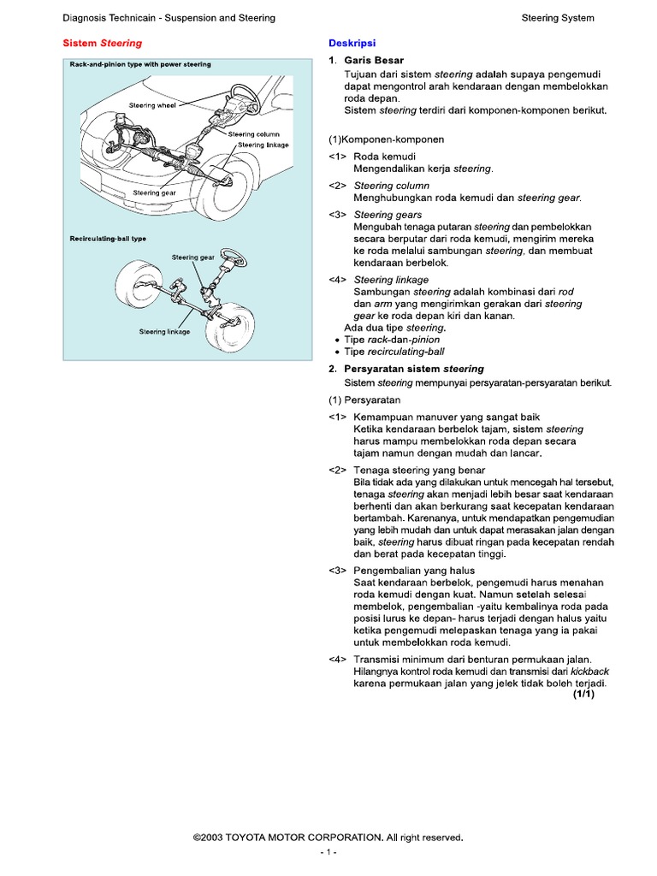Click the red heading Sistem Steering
click(x=104, y=43)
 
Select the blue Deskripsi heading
click(x=352, y=43)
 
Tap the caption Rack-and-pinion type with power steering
click(x=140, y=64)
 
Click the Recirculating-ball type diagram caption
click(x=108, y=239)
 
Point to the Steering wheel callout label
click(x=154, y=105)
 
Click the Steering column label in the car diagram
click(x=254, y=134)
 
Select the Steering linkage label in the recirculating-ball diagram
click(x=164, y=330)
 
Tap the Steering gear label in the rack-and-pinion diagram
click(x=154, y=193)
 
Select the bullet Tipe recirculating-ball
click(x=394, y=352)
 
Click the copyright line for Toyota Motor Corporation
click(x=328, y=838)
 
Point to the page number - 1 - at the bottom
click(x=328, y=853)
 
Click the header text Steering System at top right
click(x=558, y=18)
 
